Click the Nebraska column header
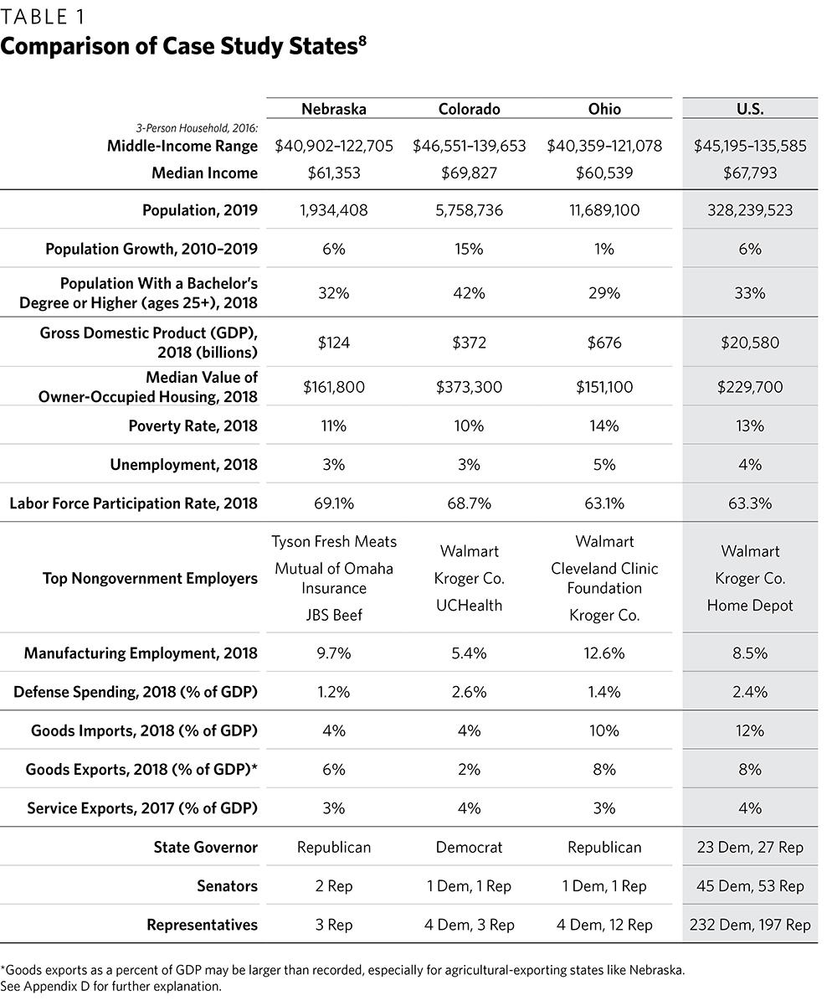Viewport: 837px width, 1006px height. click(x=333, y=109)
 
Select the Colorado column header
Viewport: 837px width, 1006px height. click(x=469, y=109)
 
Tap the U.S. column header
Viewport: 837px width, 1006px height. click(x=750, y=109)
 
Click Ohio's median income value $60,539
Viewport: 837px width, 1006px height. click(x=603, y=173)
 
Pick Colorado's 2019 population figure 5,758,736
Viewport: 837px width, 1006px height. click(x=469, y=211)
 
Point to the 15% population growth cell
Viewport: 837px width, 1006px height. click(x=469, y=249)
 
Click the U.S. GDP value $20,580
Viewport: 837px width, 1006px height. click(x=750, y=342)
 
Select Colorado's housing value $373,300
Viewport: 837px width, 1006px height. click(x=469, y=387)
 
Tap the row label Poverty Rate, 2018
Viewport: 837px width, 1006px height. click(x=193, y=426)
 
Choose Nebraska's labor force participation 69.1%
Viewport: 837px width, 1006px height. click(x=333, y=503)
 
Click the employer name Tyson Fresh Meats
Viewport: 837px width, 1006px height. click(x=333, y=542)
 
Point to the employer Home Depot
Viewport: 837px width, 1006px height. click(x=750, y=606)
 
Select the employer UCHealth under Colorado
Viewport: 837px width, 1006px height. click(x=469, y=606)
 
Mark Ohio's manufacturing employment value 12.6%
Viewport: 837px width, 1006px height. click(x=603, y=653)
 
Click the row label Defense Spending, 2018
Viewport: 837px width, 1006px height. click(x=136, y=692)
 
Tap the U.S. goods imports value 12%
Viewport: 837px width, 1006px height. click(x=750, y=730)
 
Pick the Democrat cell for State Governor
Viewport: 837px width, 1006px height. click(x=469, y=848)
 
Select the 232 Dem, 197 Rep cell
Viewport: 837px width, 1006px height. click(x=750, y=925)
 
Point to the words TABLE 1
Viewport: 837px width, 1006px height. click(x=42, y=17)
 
